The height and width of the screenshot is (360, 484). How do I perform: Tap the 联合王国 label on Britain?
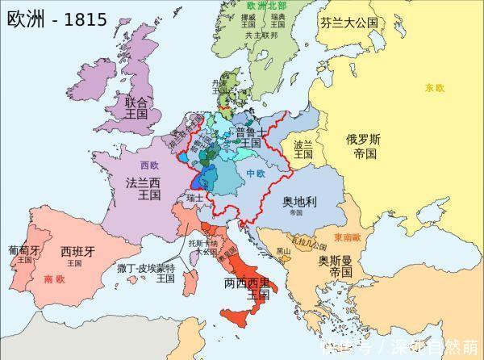[136, 108]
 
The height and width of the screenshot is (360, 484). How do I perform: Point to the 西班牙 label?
[77, 255]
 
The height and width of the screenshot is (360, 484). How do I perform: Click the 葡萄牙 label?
[23, 254]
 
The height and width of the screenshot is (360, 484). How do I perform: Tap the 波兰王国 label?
[303, 152]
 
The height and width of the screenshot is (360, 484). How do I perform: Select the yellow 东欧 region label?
[435, 87]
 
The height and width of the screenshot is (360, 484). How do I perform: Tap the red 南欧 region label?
[55, 279]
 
